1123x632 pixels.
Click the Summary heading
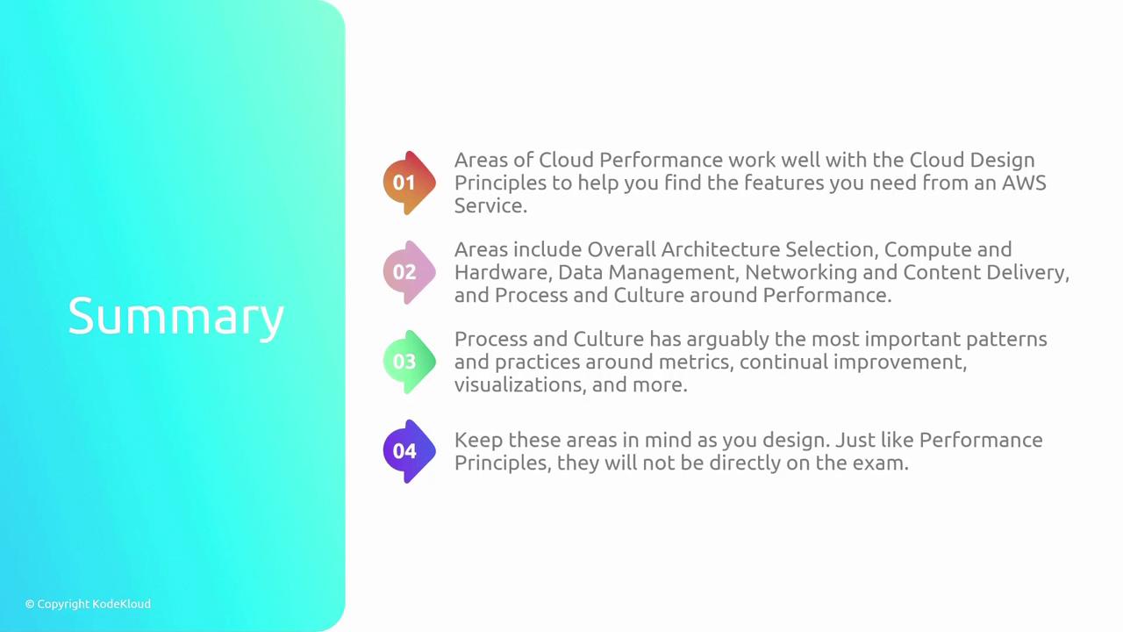[x=176, y=317]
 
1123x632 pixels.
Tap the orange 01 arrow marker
[x=409, y=183]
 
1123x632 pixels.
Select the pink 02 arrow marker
[x=409, y=272]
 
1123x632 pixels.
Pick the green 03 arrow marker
[x=409, y=362]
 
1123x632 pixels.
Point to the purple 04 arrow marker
[x=409, y=451]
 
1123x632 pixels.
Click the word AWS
[x=1024, y=183]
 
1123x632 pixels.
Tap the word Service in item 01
[x=490, y=205]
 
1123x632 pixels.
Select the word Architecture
[x=720, y=249]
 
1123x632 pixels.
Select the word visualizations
[x=520, y=385]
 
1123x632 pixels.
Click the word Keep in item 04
[x=478, y=441]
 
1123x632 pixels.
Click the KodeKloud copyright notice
[x=88, y=604]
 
